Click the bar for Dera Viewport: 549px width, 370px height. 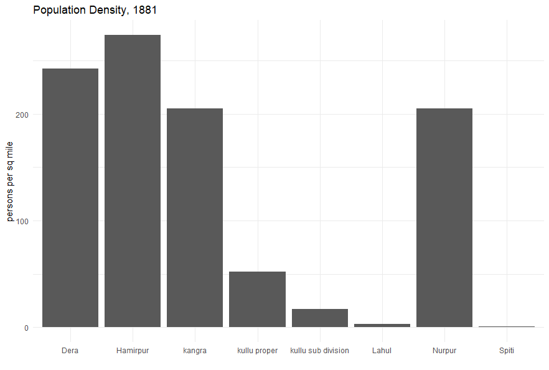pyautogui.click(x=70, y=198)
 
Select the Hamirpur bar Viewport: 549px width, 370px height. pyautogui.click(x=133, y=181)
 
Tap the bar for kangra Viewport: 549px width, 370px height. pyautogui.click(x=195, y=218)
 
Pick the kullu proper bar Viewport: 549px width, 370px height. pyautogui.click(x=257, y=300)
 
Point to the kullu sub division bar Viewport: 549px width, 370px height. pyautogui.click(x=319, y=318)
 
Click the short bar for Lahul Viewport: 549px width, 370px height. pyautogui.click(x=382, y=325)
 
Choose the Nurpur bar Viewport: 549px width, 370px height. pyautogui.click(x=444, y=218)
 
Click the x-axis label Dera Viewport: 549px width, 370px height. pyautogui.click(x=70, y=351)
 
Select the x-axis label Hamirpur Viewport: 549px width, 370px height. pyautogui.click(x=133, y=351)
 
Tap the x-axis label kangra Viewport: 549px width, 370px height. pyautogui.click(x=195, y=351)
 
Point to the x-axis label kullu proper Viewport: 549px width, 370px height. pyautogui.click(x=257, y=351)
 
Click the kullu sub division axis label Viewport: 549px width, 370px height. pyautogui.click(x=319, y=351)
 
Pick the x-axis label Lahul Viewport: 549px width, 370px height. pyautogui.click(x=382, y=351)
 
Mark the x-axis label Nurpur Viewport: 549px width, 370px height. pyautogui.click(x=444, y=351)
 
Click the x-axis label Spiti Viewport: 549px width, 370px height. pyautogui.click(x=507, y=351)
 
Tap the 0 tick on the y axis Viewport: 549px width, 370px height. pyautogui.click(x=27, y=328)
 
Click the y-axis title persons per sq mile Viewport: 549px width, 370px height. pyautogui.click(x=10, y=181)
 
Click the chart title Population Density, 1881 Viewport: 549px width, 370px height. pyautogui.click(x=95, y=10)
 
